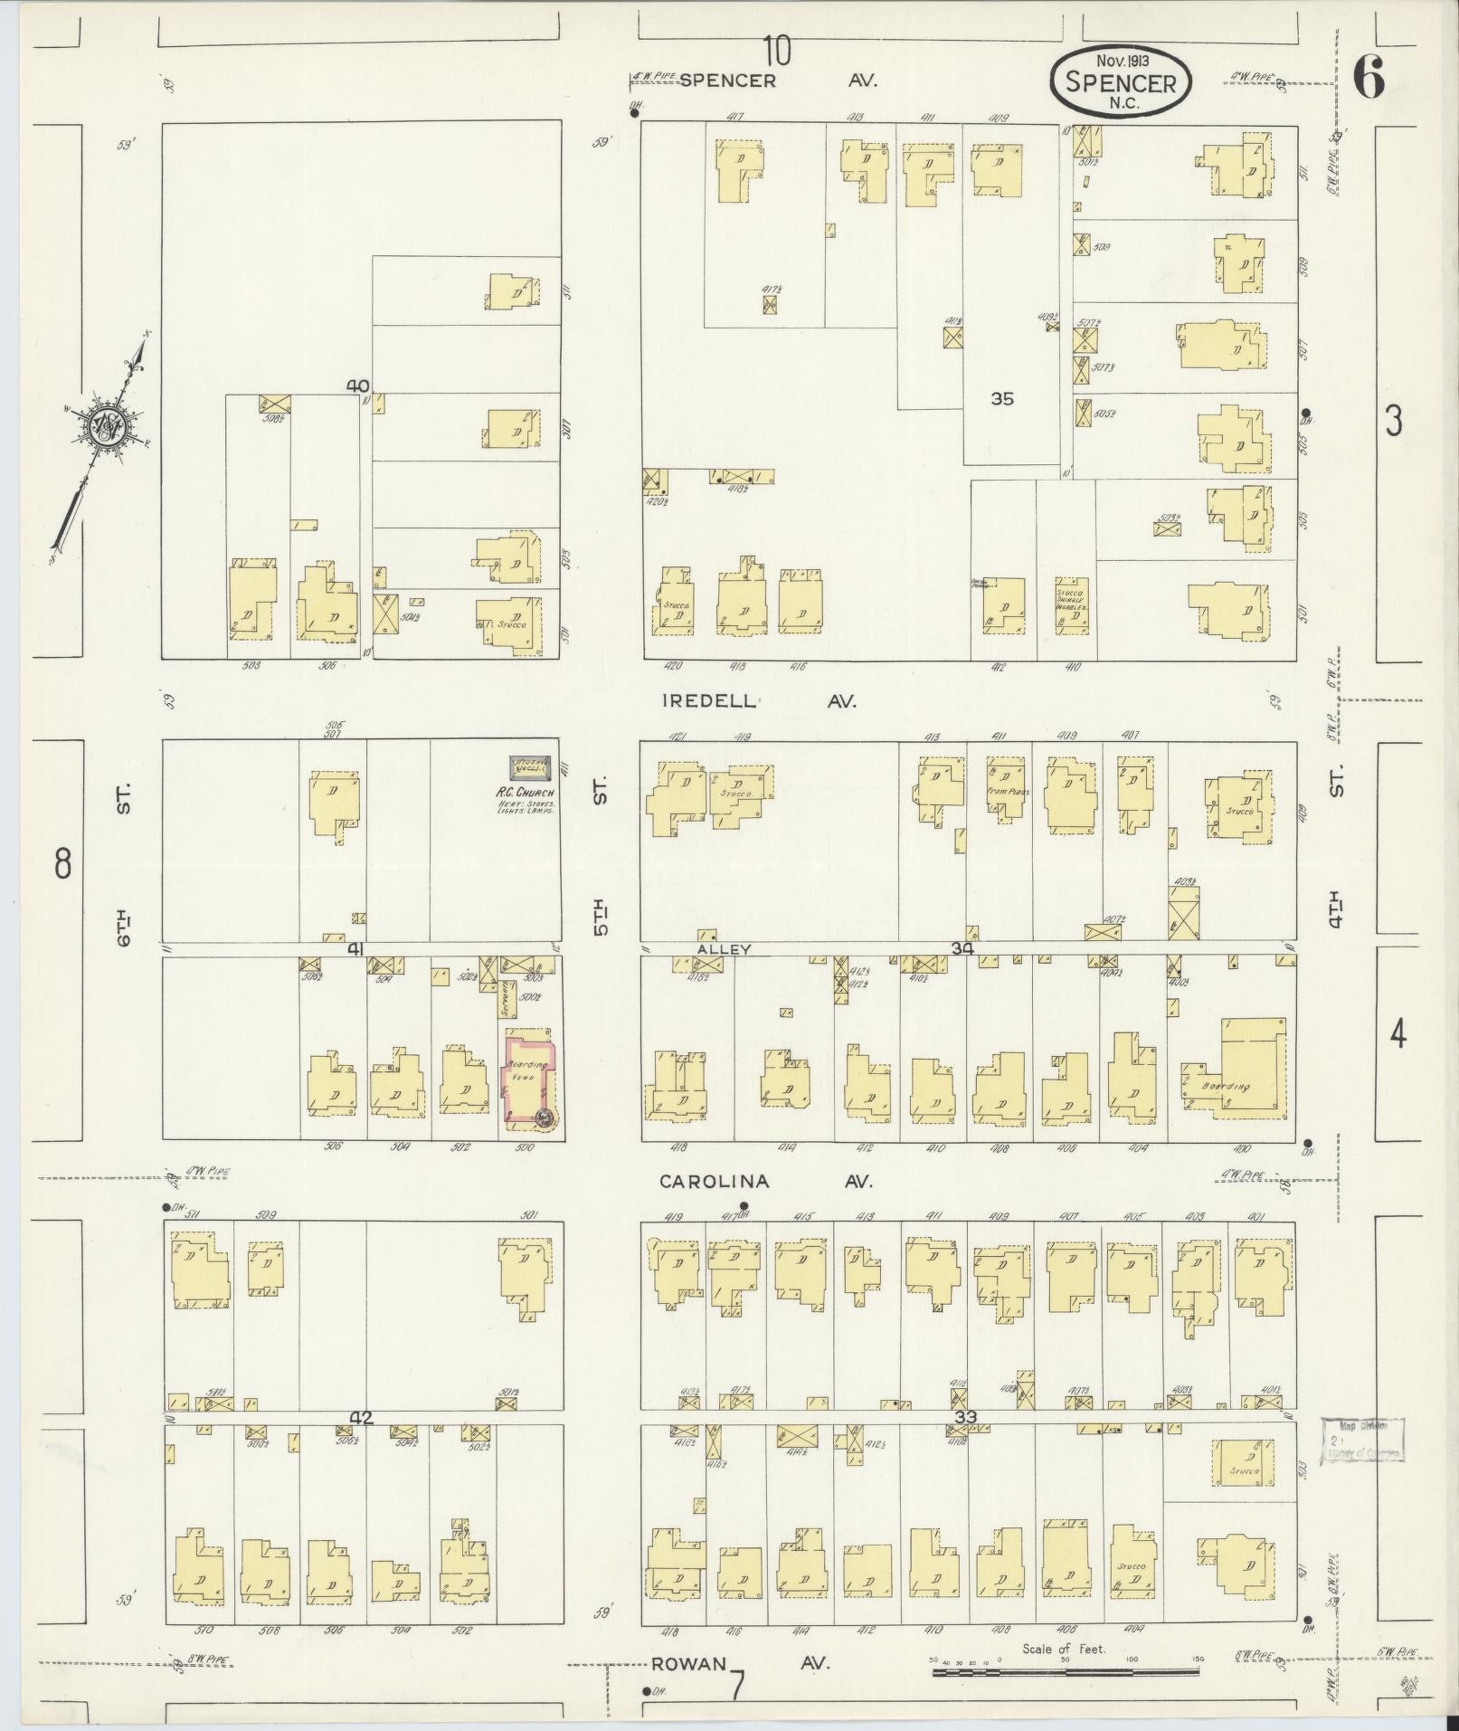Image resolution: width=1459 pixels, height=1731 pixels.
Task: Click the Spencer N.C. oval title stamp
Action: pyautogui.click(x=1121, y=82)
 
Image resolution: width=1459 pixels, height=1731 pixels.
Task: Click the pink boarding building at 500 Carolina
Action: pyautogui.click(x=529, y=1075)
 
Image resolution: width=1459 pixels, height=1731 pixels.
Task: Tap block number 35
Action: pyautogui.click(x=1002, y=398)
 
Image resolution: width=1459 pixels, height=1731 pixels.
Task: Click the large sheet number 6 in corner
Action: pyautogui.click(x=1369, y=81)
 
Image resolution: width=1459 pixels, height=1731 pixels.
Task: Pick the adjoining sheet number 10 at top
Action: pyautogui.click(x=776, y=51)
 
